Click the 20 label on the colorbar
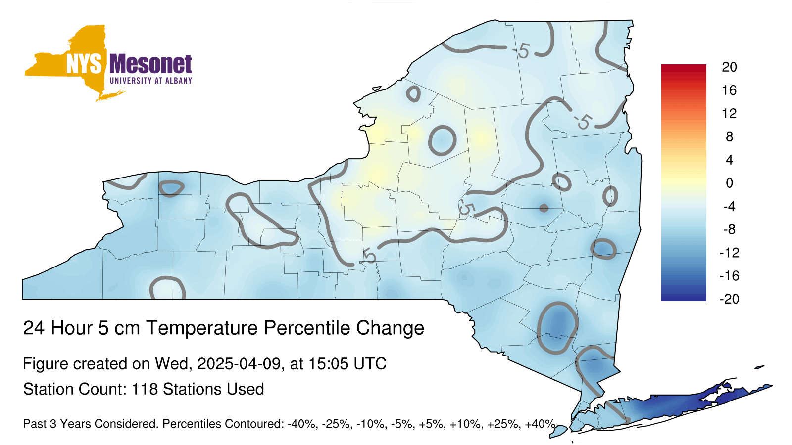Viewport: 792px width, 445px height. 729,67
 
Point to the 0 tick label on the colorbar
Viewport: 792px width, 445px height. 729,183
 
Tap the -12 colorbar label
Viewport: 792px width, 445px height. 730,253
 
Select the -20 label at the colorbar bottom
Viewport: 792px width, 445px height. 730,299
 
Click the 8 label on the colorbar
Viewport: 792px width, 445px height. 729,136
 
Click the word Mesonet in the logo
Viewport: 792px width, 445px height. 151,65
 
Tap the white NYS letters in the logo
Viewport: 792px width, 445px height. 84,64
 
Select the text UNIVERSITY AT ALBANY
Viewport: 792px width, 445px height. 151,81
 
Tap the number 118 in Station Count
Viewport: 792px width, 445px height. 145,389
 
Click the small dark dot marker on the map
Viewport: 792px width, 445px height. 544,208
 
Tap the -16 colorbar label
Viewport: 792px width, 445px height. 730,276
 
